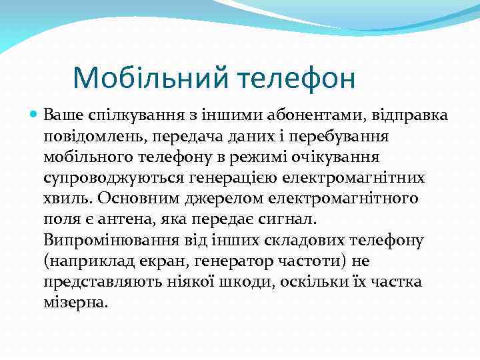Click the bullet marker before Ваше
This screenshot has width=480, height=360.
pyautogui.click(x=35, y=115)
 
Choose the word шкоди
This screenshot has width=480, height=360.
pyautogui.click(x=245, y=281)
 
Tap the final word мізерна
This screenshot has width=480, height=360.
pyautogui.click(x=74, y=302)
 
